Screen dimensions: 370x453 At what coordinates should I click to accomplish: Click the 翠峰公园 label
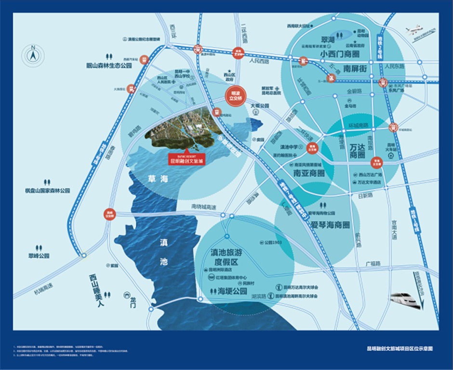point(39,256)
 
